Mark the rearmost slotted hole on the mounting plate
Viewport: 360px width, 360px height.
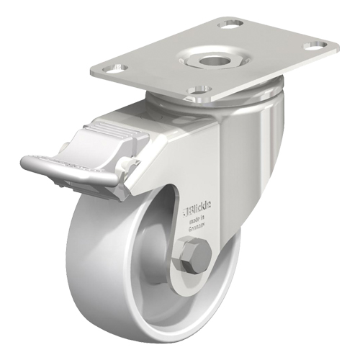231,24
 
